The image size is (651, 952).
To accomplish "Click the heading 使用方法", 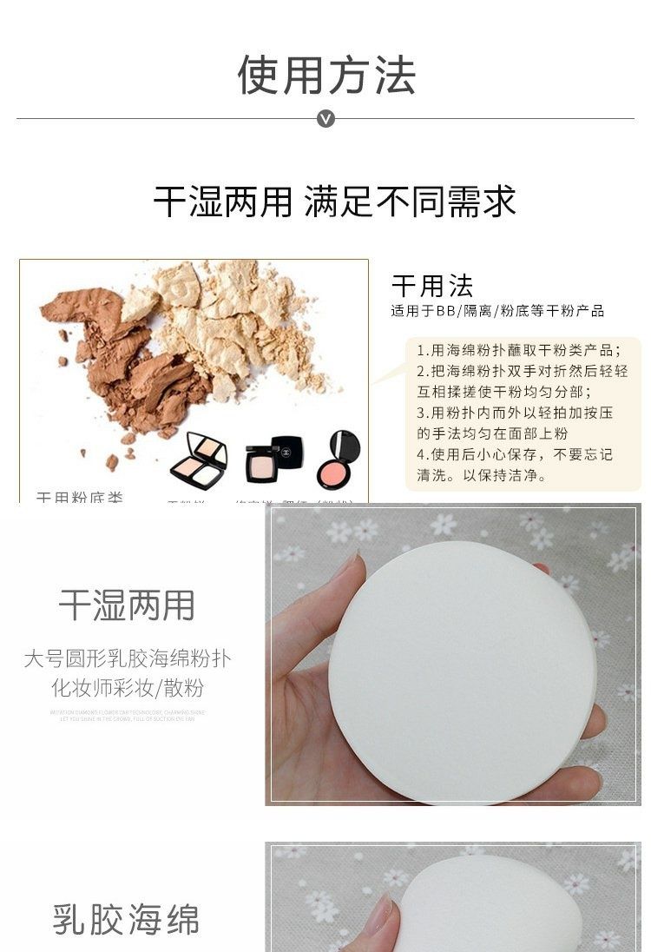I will coord(326,75).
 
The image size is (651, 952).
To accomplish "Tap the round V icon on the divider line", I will coord(325,118).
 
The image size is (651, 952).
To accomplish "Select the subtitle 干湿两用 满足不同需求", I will coord(335,202).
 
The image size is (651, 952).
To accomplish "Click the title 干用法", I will coord(432,286).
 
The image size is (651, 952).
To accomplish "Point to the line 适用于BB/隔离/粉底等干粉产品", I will coord(496,311).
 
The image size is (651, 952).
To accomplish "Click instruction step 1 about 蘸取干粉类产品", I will coord(519,351).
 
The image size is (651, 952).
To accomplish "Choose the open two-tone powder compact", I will coord(199,461).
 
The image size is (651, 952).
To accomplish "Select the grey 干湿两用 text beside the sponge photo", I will coord(127,605).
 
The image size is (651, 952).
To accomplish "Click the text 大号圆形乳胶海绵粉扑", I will coord(128,658).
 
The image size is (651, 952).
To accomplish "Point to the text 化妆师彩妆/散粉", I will coord(128,689).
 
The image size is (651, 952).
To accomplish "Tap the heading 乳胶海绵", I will coord(127,919).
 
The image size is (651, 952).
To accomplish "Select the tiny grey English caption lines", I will coord(128,716).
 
